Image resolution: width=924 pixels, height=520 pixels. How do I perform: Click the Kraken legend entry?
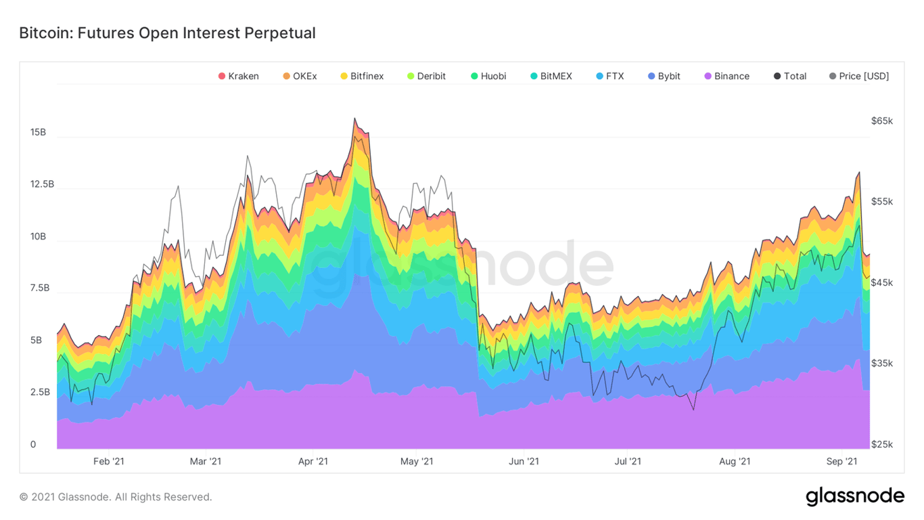[x=238, y=76]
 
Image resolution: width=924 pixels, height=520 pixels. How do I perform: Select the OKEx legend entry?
[x=300, y=76]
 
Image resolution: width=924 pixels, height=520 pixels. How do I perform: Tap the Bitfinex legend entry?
[x=362, y=76]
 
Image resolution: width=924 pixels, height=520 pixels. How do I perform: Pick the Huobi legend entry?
[x=488, y=76]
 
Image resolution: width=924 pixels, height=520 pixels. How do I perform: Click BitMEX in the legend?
[x=551, y=76]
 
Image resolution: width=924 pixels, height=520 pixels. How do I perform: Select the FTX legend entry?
[x=610, y=76]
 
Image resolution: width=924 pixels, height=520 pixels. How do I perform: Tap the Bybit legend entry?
[x=664, y=76]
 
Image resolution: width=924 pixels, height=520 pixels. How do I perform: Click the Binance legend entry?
[x=726, y=76]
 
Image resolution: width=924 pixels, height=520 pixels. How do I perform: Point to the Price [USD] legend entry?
[x=858, y=76]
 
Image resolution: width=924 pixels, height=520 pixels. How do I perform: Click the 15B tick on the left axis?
[x=38, y=132]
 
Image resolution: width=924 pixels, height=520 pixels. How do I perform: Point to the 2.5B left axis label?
[x=41, y=392]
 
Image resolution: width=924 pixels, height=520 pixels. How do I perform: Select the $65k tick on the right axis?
[x=882, y=121]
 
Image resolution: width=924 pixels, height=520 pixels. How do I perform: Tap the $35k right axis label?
[x=882, y=363]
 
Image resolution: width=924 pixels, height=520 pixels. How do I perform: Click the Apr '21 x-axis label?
[x=313, y=462]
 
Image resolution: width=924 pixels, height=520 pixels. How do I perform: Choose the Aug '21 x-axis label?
[x=735, y=462]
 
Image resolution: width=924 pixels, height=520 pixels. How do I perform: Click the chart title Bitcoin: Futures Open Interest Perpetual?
[x=167, y=32]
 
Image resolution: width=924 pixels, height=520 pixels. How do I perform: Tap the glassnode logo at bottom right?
[x=855, y=496]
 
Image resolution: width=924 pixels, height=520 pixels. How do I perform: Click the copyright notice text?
[x=116, y=497]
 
